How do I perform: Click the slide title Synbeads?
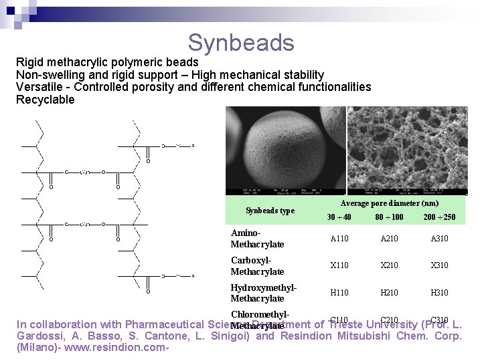click(x=241, y=43)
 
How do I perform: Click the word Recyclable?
click(x=46, y=100)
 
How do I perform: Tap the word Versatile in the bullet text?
click(x=40, y=87)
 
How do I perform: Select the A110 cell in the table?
click(x=340, y=239)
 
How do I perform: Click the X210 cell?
click(x=390, y=265)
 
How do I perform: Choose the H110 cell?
click(x=340, y=292)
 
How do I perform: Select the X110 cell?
click(x=340, y=265)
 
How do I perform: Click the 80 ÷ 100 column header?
click(x=389, y=217)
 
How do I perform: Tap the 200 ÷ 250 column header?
click(x=439, y=217)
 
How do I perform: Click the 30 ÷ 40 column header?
click(x=339, y=217)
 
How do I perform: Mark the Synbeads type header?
click(x=270, y=211)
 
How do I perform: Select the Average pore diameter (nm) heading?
click(x=390, y=203)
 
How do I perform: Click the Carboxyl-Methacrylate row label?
click(x=257, y=265)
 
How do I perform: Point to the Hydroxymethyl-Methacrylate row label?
click(x=263, y=293)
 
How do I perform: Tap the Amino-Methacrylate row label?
click(x=257, y=239)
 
